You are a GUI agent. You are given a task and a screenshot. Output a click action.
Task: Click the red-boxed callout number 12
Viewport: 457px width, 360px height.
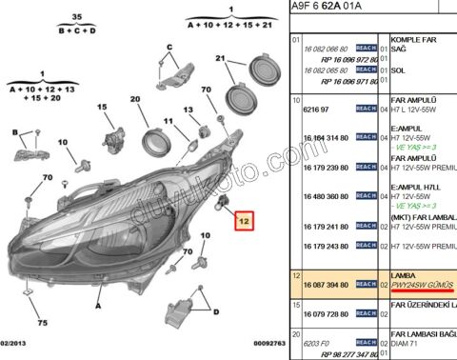[246, 222]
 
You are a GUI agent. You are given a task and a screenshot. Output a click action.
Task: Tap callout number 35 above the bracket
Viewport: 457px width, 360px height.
[76, 18]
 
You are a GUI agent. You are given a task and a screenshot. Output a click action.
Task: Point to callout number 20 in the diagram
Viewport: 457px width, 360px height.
[134, 100]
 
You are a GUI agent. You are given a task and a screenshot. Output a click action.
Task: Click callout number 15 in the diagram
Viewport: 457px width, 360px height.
[102, 108]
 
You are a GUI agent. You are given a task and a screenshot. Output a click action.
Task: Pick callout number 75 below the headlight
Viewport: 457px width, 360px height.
[43, 296]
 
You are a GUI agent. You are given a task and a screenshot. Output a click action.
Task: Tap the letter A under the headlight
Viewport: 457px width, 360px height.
[98, 307]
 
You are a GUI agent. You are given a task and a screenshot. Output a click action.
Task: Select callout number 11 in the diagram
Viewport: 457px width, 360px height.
[168, 122]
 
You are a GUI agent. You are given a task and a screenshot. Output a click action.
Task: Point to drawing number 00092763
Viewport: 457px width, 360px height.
[256, 342]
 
